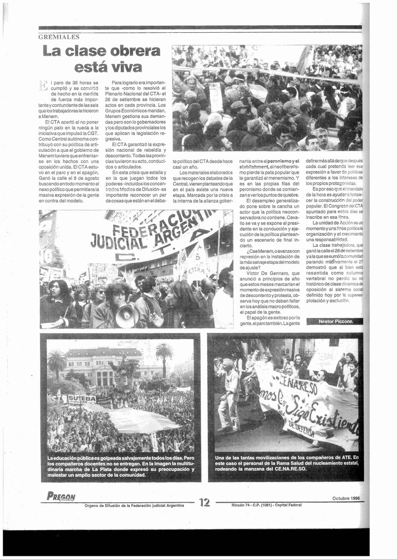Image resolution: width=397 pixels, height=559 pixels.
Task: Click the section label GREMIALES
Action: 59,37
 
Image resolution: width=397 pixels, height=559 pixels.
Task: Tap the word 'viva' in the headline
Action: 126,68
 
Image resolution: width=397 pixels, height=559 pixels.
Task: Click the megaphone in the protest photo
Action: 127,316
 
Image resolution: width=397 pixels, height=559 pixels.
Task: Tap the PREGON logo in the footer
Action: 61,497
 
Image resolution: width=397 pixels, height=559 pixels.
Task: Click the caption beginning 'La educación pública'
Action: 120,466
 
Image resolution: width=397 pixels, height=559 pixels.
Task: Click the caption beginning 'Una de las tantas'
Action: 287,463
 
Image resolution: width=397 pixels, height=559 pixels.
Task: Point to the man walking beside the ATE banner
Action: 230,397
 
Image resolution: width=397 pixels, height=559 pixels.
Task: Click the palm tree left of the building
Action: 56,364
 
